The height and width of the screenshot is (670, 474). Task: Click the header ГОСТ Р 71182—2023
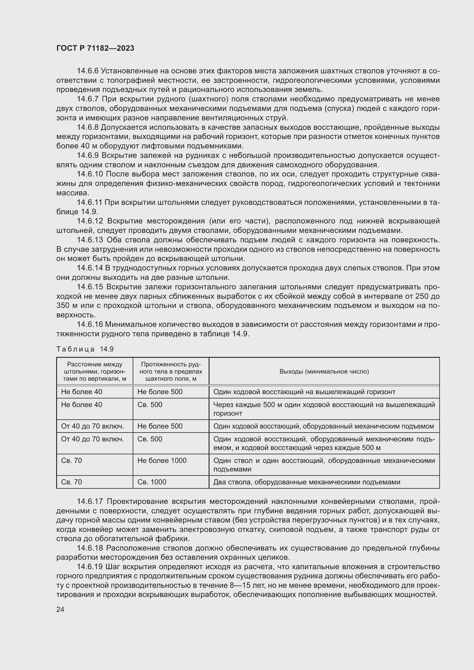point(95,48)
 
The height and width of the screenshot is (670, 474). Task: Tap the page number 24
point(60,609)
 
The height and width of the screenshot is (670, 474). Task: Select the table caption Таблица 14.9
point(85,349)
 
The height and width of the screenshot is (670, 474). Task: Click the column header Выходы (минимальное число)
point(324,372)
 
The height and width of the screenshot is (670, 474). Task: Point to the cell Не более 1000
point(162,461)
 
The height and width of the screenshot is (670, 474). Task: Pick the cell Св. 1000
point(152,482)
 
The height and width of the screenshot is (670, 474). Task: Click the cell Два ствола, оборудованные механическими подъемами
point(306,482)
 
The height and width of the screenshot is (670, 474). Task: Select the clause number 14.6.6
point(88,71)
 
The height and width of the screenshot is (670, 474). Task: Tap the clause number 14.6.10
point(90,174)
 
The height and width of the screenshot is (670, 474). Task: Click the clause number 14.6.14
point(90,268)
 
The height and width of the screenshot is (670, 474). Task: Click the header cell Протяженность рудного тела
point(171,372)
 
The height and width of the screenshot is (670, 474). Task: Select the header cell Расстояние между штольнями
point(95,372)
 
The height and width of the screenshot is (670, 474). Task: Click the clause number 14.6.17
point(90,501)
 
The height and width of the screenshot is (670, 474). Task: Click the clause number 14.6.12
point(90,221)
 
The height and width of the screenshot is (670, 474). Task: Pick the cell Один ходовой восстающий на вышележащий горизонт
point(304,392)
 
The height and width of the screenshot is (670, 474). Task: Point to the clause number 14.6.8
point(88,127)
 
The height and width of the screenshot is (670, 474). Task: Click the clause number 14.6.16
point(90,324)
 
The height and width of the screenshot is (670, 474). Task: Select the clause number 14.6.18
point(90,548)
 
